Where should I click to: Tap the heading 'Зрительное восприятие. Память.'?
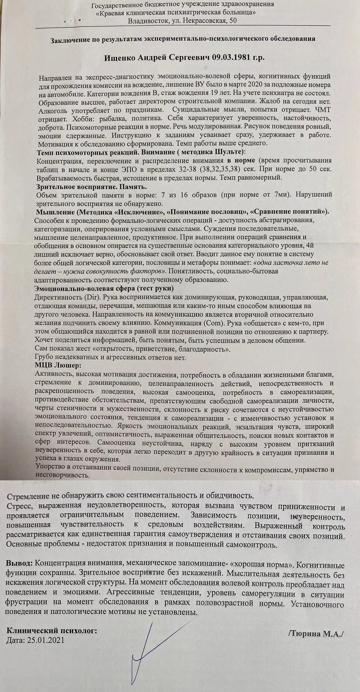click(91, 187)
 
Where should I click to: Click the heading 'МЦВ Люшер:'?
click(57, 365)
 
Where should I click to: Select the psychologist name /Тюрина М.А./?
click(316, 634)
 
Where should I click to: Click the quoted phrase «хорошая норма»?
click(254, 564)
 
